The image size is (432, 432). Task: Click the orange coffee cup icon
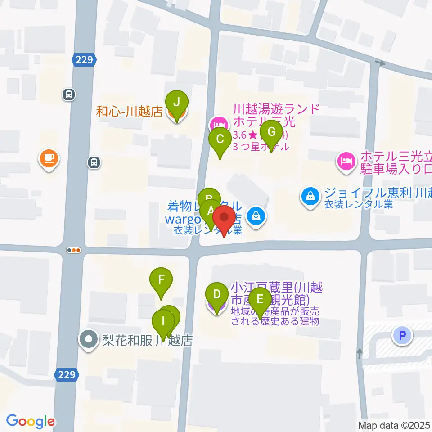coord(49,158)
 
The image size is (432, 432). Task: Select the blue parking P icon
coord(402,335)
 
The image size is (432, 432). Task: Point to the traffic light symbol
coord(74,250)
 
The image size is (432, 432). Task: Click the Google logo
coord(30,421)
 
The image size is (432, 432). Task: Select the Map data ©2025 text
coord(394,425)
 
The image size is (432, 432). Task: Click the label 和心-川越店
coord(129,112)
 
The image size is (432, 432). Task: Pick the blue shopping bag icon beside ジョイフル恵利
coord(310,195)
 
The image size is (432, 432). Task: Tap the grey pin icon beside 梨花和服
coord(89,339)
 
